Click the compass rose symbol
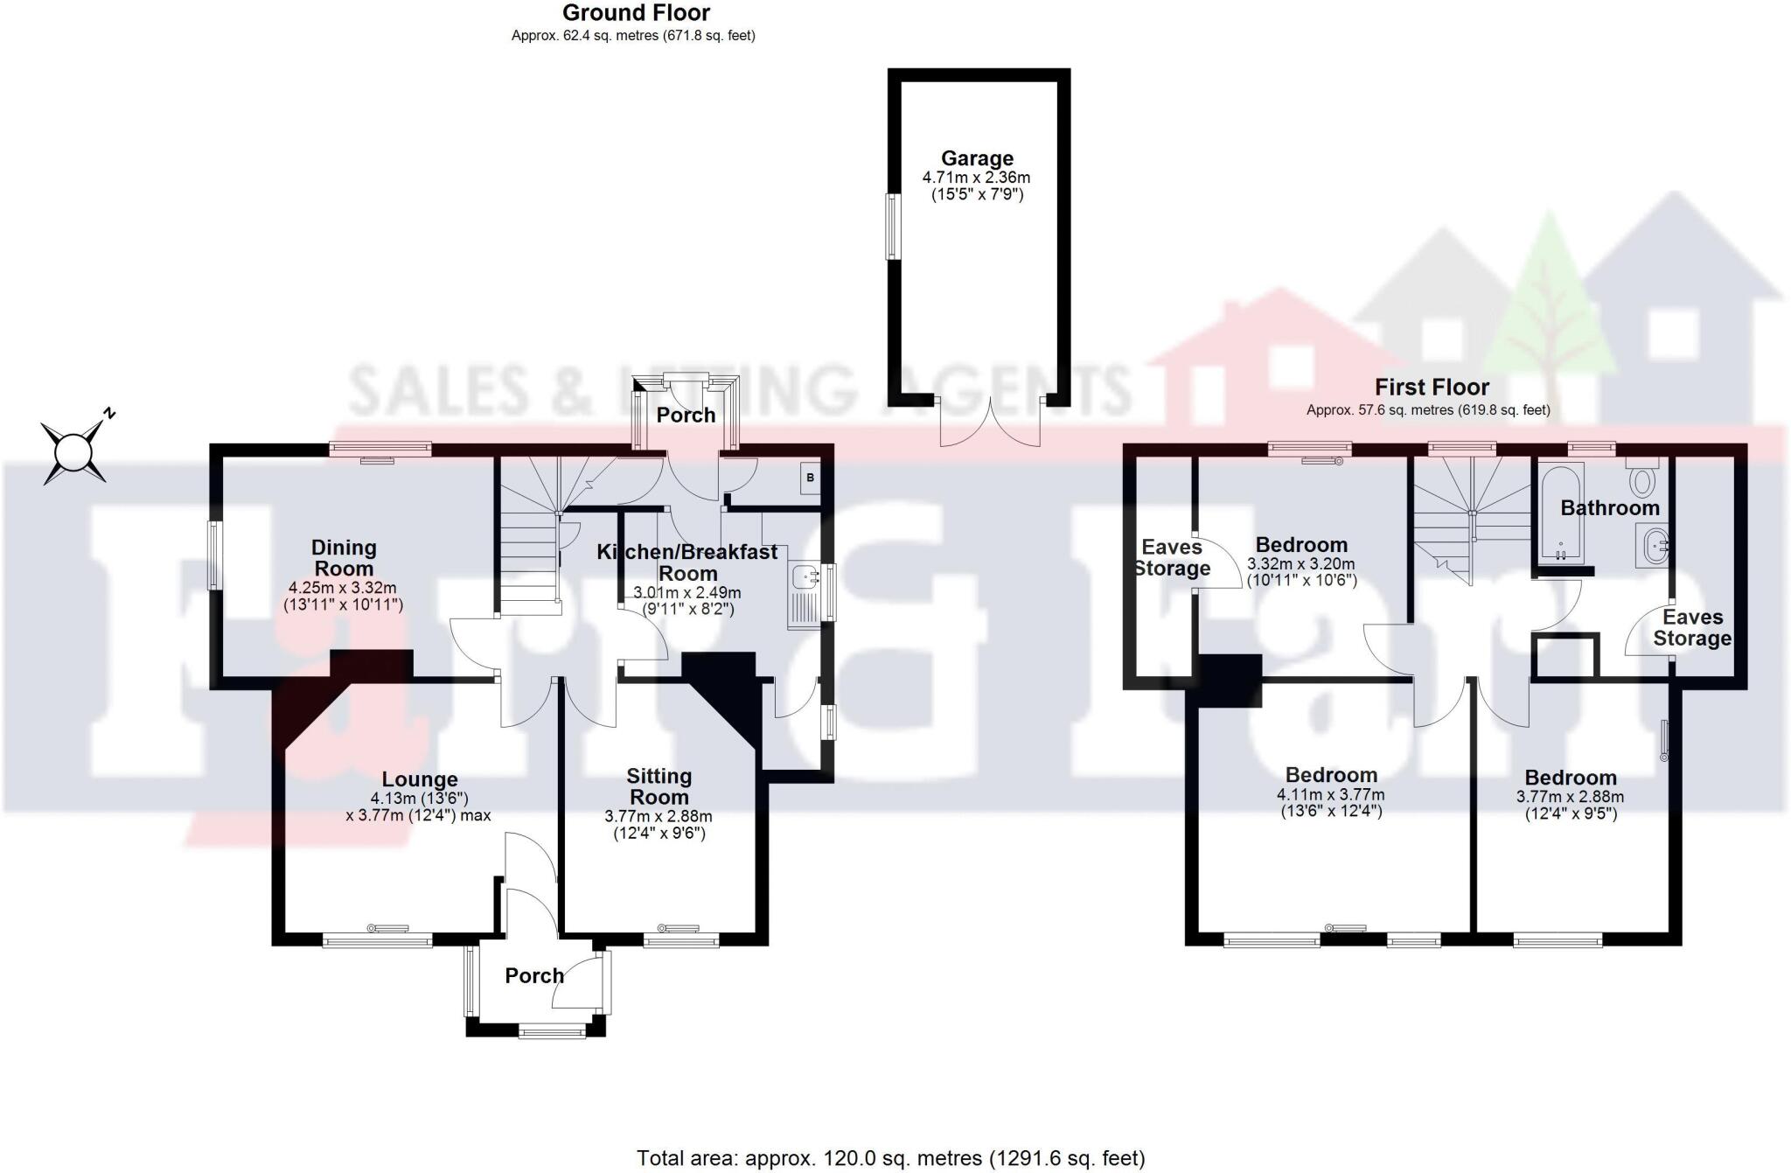point(74,452)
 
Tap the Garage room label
point(977,159)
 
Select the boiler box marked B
point(810,478)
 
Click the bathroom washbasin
point(1654,547)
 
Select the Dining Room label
point(344,558)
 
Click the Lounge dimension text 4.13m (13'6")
point(419,798)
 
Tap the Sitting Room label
point(659,786)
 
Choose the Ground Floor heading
point(636,13)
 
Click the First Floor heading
point(1432,387)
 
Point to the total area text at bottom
point(889,1158)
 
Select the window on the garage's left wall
point(893,226)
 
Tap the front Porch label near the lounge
point(534,975)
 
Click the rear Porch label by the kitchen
point(686,415)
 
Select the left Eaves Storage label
point(1172,558)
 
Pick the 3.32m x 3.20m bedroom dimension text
point(1301,564)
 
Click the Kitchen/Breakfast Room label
point(686,562)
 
